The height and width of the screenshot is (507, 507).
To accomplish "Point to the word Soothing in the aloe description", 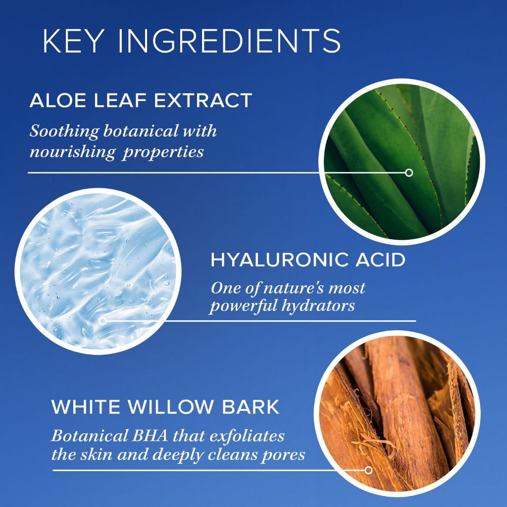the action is (64, 132).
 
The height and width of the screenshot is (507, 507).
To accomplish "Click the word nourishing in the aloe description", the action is (72, 152).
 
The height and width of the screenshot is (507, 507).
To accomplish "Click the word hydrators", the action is (318, 305).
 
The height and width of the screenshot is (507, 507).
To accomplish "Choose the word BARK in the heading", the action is (251, 407).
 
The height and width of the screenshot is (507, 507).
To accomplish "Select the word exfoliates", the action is (247, 436).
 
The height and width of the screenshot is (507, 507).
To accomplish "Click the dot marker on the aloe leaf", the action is (409, 173).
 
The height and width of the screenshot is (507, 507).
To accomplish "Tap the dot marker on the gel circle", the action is (103, 321).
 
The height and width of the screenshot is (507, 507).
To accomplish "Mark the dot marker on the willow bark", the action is (368, 470).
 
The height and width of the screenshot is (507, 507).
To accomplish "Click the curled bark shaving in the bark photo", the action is (375, 443).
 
